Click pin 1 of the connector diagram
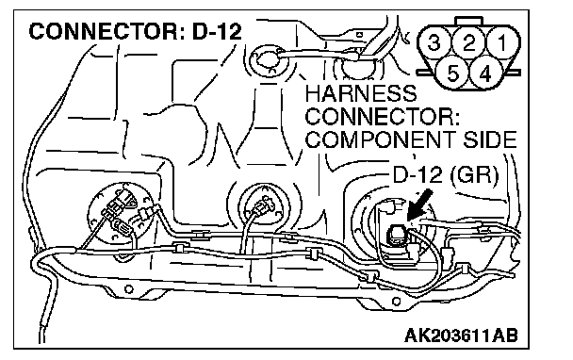click(x=502, y=42)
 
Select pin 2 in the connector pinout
click(x=468, y=42)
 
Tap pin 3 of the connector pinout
click(x=434, y=42)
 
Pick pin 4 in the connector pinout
click(x=485, y=74)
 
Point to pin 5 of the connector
click(x=452, y=74)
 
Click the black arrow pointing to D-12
click(x=419, y=205)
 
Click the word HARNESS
click(x=360, y=93)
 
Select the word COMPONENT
click(x=380, y=139)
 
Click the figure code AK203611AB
click(x=461, y=335)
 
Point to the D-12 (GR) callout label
click(x=446, y=175)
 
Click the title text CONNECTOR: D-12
click(x=135, y=31)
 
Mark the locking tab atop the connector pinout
click(x=468, y=21)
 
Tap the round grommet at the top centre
click(x=267, y=60)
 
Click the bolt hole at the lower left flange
click(x=128, y=289)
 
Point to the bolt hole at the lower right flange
click(x=397, y=302)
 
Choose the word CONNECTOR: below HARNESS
click(x=383, y=116)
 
